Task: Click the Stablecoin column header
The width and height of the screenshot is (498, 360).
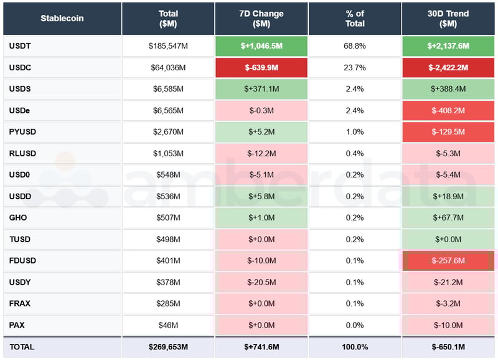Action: (x=62, y=19)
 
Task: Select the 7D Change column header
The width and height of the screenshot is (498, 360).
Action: (x=261, y=19)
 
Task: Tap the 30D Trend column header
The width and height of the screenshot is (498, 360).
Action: (x=448, y=19)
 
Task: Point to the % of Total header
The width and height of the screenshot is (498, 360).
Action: (x=355, y=19)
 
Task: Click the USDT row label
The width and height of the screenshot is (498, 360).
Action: (x=20, y=46)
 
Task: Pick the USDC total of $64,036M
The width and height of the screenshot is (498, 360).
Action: (x=168, y=67)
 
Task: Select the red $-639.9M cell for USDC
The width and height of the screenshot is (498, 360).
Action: (x=261, y=67)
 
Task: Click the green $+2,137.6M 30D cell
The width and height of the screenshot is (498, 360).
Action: (x=448, y=46)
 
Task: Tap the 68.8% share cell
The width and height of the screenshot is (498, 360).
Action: (x=355, y=46)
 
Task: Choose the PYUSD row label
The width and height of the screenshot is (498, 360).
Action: (x=22, y=132)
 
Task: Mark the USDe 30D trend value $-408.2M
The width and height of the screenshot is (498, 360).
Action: (x=448, y=110)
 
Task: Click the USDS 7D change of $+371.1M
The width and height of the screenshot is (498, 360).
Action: (x=261, y=89)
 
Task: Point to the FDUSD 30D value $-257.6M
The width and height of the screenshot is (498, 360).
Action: (x=448, y=261)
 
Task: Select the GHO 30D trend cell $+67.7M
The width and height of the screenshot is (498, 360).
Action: (x=448, y=218)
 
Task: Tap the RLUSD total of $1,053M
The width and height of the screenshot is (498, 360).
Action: (x=168, y=153)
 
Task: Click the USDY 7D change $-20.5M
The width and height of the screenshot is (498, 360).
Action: (x=261, y=282)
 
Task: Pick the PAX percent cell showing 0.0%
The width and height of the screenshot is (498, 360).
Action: (x=355, y=325)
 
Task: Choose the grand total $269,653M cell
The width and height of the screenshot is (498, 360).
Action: (x=168, y=347)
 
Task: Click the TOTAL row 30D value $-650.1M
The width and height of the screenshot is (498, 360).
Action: (x=448, y=347)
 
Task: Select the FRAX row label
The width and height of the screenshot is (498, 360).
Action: (x=20, y=304)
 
